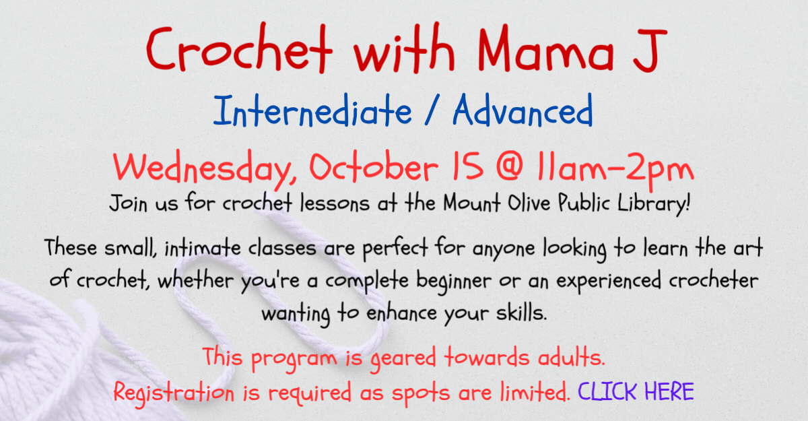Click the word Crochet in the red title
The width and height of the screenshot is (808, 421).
click(x=239, y=48)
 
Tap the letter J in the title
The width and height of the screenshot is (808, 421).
click(x=650, y=50)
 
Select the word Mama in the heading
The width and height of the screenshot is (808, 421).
click(x=546, y=48)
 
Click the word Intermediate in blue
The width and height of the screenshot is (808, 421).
click(x=312, y=110)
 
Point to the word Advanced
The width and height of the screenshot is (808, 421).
click(x=523, y=110)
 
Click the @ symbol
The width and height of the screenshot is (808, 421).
click(x=509, y=166)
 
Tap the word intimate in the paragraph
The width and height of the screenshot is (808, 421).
click(x=203, y=247)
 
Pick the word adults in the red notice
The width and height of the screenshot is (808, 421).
click(x=572, y=357)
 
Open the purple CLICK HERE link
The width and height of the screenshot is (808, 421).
click(x=636, y=391)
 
